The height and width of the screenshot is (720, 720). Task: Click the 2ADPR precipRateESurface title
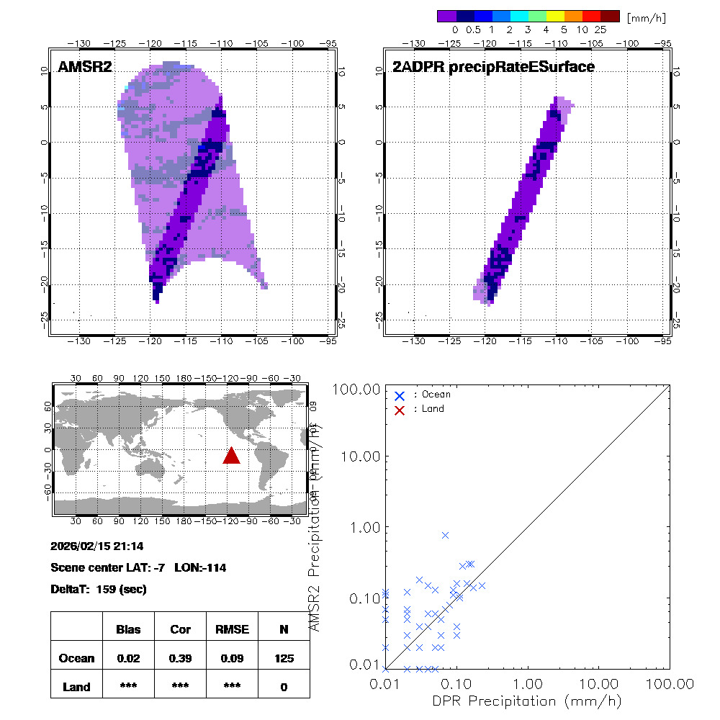(x=493, y=68)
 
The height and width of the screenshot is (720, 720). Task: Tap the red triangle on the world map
(x=231, y=456)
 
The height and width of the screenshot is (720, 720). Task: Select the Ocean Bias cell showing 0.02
(x=128, y=658)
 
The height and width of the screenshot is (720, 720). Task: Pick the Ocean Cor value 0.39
(x=180, y=658)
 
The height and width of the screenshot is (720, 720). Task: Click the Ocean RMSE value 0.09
(x=232, y=658)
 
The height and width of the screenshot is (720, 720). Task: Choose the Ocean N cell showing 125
(x=284, y=658)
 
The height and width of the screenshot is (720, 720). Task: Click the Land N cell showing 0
(x=284, y=687)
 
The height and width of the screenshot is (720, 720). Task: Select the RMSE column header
(x=232, y=629)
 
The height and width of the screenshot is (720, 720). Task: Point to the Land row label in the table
(x=76, y=687)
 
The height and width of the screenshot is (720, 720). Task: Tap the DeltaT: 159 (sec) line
(x=99, y=589)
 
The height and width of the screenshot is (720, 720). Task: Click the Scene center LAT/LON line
(x=138, y=567)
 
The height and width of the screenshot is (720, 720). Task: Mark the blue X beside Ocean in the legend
(x=400, y=395)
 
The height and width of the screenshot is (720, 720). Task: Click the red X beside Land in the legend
(x=400, y=409)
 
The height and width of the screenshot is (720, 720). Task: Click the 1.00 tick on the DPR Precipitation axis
(x=528, y=683)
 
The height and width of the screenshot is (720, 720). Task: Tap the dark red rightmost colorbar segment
(x=610, y=16)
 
